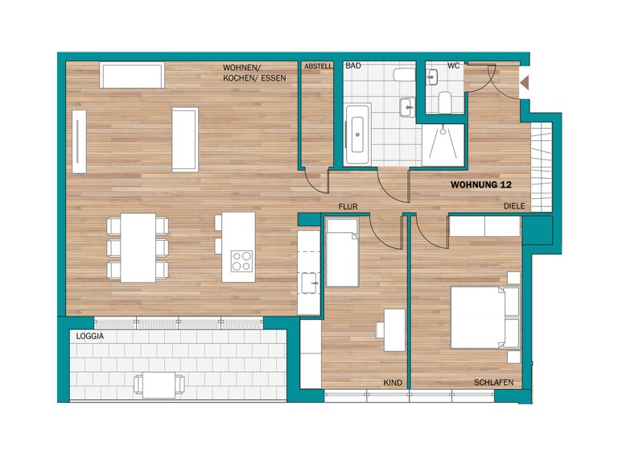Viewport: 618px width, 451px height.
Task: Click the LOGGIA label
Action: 91,336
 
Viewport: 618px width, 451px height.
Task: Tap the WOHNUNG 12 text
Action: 481,184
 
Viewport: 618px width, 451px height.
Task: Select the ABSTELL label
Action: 319,66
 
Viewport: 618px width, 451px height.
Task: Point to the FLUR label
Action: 348,207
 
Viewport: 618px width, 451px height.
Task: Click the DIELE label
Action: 514,207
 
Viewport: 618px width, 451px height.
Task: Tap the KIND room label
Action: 393,383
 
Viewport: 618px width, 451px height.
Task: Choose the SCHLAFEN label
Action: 493,383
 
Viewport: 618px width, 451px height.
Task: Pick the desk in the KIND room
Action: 394,329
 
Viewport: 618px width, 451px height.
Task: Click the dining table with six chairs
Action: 138,247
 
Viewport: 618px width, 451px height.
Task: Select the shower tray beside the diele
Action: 443,145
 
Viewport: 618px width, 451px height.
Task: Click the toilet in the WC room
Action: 445,102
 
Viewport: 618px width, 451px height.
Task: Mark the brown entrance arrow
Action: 524,81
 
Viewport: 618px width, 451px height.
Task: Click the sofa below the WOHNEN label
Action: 133,75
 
